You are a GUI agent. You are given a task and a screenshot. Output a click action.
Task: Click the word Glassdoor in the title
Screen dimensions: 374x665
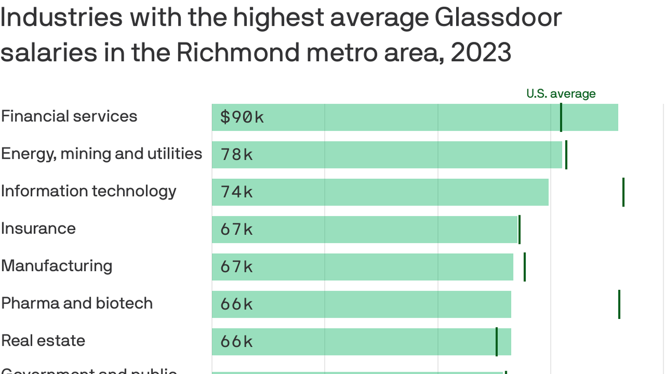498,18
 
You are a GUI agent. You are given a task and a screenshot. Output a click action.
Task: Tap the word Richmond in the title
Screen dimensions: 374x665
238,53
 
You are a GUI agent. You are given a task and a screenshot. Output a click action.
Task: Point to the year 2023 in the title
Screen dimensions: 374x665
480,53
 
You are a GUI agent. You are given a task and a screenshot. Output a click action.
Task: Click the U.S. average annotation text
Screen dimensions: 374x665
561,93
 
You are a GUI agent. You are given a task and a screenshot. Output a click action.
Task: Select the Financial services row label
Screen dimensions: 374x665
69,116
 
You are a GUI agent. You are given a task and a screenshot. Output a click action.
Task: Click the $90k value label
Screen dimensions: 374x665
242,117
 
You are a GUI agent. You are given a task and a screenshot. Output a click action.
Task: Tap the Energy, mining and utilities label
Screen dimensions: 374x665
101,154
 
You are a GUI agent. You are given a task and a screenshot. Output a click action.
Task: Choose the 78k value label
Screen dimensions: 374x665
237,155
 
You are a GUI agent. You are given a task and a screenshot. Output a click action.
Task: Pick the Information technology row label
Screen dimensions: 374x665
89,191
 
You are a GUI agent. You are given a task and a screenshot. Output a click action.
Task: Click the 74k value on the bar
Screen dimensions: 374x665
237,192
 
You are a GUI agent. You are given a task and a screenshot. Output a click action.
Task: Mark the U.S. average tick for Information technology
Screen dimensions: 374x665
623,192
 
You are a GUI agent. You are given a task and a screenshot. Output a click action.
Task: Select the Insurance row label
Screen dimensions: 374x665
38,228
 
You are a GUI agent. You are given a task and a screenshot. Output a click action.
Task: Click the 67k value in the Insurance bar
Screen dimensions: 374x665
237,229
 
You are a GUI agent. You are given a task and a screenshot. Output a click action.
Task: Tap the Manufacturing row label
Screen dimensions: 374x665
56,266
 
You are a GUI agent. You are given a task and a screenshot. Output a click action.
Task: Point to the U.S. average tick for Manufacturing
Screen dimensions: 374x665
524,267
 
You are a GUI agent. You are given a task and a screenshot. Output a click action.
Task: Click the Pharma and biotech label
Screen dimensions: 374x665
77,303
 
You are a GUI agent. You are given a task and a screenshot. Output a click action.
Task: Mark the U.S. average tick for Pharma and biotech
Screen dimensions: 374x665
619,304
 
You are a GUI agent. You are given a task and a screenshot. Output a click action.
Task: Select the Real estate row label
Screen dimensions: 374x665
43,340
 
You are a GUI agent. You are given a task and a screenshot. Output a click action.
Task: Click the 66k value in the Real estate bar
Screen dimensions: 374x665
237,342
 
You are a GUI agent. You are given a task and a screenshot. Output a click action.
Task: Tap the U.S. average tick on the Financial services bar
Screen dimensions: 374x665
561,117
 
